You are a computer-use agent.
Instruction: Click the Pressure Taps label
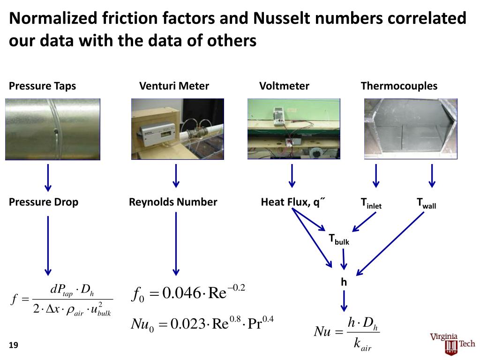pyautogui.click(x=42, y=86)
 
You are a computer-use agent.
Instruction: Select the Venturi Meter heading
pyautogui.click(x=174, y=86)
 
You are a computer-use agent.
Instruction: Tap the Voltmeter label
pyautogui.click(x=284, y=86)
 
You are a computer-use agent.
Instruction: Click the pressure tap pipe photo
pyautogui.click(x=52, y=129)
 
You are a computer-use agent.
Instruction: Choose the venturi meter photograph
pyautogui.click(x=178, y=129)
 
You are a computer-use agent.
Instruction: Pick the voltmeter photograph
pyautogui.click(x=294, y=129)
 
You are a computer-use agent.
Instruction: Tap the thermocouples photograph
pyautogui.click(x=411, y=129)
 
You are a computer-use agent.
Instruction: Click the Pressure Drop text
pyautogui.click(x=44, y=202)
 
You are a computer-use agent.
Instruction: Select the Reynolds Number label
pyautogui.click(x=173, y=202)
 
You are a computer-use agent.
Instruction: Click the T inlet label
pyautogui.click(x=371, y=203)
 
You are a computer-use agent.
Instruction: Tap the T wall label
pyautogui.click(x=427, y=203)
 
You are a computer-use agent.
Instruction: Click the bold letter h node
pyautogui.click(x=344, y=282)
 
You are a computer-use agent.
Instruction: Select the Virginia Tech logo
pyautogui.click(x=452, y=342)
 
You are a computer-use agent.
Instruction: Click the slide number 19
pyautogui.click(x=13, y=345)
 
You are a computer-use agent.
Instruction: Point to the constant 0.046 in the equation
pyautogui.click(x=181, y=294)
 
